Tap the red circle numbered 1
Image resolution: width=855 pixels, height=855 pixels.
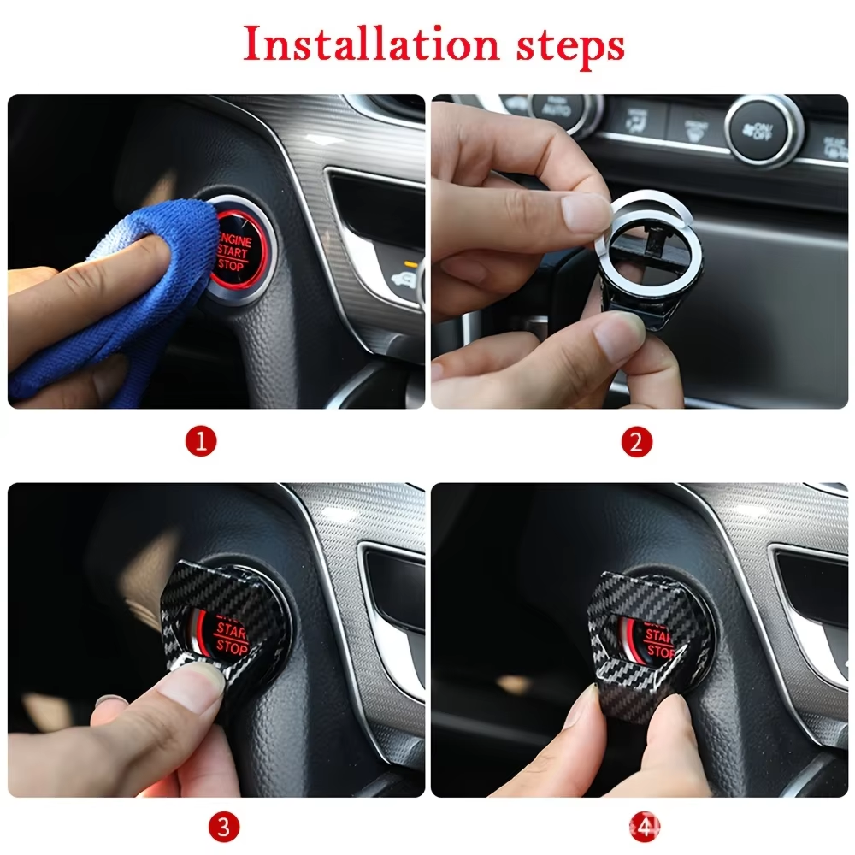pyautogui.click(x=202, y=442)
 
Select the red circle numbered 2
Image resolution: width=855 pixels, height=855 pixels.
pyautogui.click(x=636, y=442)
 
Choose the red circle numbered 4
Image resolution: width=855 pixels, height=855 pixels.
pyautogui.click(x=644, y=827)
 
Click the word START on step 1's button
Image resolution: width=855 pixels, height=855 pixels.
pyautogui.click(x=232, y=252)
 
